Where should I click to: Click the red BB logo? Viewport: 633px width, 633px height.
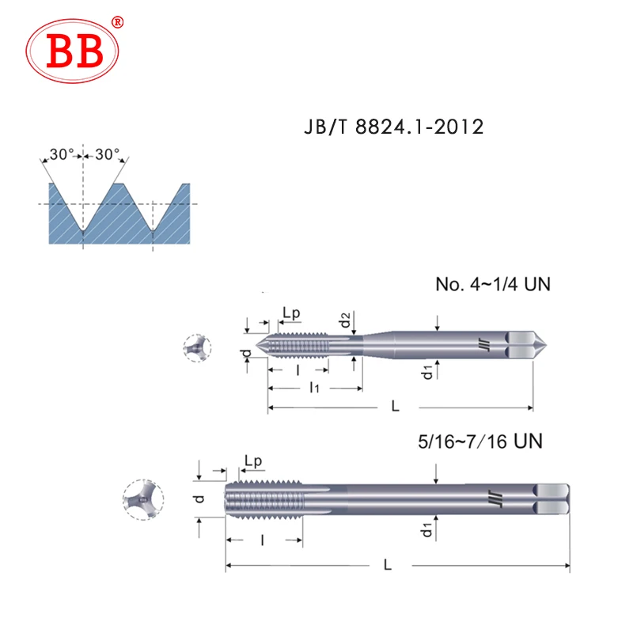pos(77,51)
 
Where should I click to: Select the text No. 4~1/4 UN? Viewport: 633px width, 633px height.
pos(492,284)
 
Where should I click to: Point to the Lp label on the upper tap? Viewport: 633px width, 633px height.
pos(291,313)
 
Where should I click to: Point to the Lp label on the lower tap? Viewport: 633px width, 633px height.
pos(253,461)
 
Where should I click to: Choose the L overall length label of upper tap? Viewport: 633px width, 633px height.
pos(395,406)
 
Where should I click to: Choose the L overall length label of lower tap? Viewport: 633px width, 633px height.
pos(387,565)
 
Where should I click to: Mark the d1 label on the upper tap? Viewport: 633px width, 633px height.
pos(426,372)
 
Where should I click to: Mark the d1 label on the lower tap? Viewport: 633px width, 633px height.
pos(426,529)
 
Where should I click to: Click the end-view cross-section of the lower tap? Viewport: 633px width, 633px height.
pos(142,499)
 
